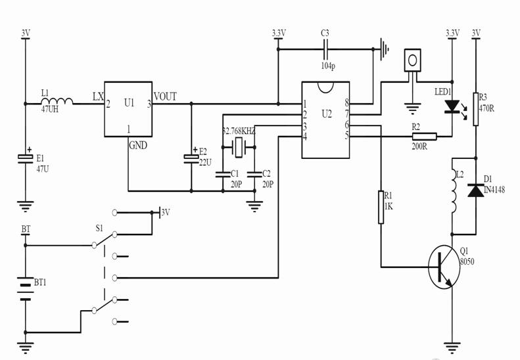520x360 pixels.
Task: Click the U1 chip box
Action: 128,109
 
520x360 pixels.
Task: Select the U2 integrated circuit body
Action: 325,120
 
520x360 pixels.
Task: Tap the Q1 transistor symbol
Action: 442,267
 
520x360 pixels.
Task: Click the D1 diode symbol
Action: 475,191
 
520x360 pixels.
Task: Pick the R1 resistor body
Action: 381,207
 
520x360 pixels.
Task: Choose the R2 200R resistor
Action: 423,137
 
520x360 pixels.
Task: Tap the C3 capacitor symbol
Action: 325,48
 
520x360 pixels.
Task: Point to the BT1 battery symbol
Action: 26,289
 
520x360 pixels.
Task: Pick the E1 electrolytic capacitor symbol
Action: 26,158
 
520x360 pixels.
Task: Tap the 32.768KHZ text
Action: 239,131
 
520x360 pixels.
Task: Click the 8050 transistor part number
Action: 466,261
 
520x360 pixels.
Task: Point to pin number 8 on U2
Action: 346,103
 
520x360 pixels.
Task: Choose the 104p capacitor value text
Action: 327,66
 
